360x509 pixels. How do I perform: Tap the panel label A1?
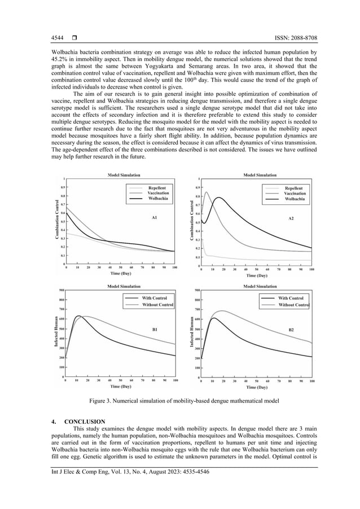pyautogui.click(x=153, y=217)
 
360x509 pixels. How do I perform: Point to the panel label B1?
pyautogui.click(x=155, y=328)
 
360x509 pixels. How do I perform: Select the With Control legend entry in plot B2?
pyautogui.click(x=291, y=298)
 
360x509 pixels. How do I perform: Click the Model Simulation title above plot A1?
pyautogui.click(x=127, y=175)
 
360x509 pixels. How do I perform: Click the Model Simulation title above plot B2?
pyautogui.click(x=262, y=286)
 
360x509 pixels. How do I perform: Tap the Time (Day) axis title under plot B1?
pyautogui.click(x=121, y=387)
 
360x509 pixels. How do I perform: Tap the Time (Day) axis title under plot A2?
pyautogui.click(x=257, y=276)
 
